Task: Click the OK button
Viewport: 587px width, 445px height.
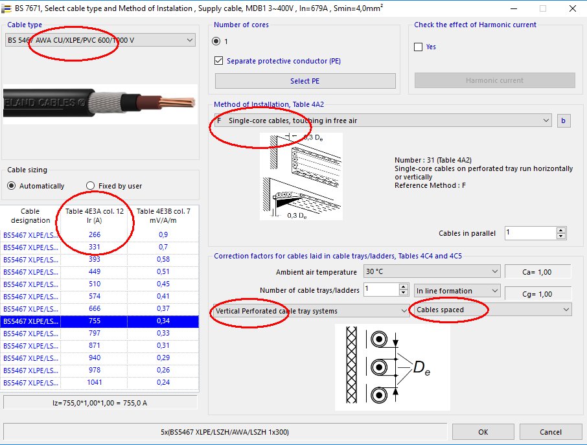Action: tap(483, 432)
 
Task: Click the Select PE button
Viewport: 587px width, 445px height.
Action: tap(305, 81)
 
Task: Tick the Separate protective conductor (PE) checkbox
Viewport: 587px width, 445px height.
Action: tap(219, 61)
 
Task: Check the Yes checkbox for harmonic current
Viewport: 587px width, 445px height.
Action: tap(419, 47)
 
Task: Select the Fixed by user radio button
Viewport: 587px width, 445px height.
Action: tap(91, 186)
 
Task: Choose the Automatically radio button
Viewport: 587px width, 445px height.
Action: tap(12, 186)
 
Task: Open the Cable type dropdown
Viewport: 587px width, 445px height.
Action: tap(100, 40)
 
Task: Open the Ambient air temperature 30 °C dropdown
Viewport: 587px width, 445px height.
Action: tap(431, 271)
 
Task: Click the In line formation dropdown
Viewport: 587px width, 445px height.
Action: tap(457, 291)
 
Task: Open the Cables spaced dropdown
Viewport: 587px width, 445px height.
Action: tap(491, 310)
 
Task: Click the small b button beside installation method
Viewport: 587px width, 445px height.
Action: tap(563, 120)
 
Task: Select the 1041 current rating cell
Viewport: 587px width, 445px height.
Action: tap(95, 383)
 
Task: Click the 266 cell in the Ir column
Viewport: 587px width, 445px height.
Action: tap(95, 235)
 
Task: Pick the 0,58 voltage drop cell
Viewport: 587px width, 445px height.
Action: tap(163, 260)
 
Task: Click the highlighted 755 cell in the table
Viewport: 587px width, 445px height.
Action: tap(95, 321)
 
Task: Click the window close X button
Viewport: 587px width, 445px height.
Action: tap(573, 8)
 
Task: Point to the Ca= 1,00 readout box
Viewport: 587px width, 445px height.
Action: tap(538, 271)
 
